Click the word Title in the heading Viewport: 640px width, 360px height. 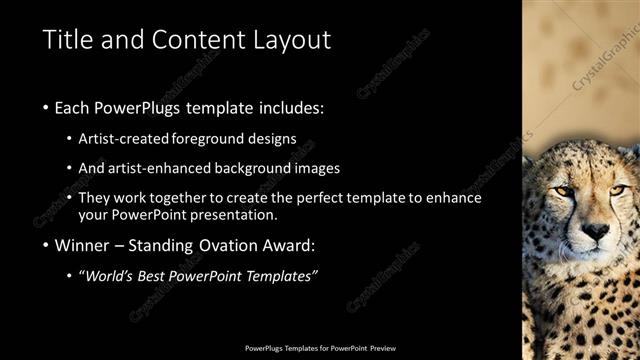(x=68, y=40)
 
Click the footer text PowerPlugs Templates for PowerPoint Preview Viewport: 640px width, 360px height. (x=320, y=349)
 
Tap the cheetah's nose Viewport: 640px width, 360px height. (x=595, y=232)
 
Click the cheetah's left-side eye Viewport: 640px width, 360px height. (x=564, y=191)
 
